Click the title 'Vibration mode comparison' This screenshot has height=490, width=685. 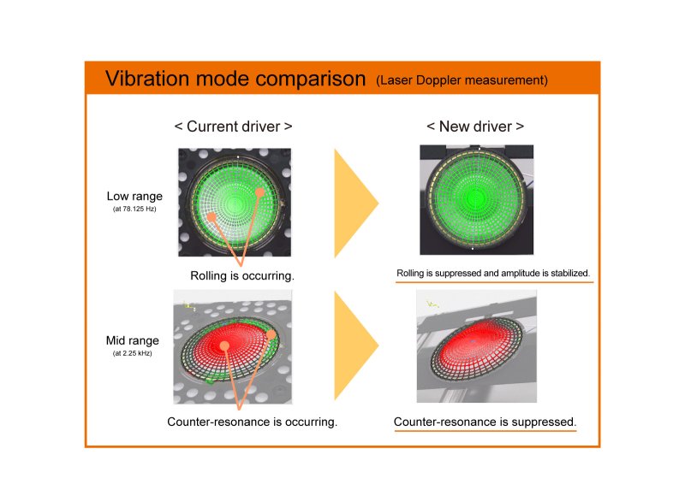coord(235,79)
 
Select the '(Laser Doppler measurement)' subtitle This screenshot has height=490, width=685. coord(462,81)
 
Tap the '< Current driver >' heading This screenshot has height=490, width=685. coord(233,127)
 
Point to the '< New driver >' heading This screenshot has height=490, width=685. coord(475,127)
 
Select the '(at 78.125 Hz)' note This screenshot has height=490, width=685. coord(130,210)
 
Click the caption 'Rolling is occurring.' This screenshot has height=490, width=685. coord(242,276)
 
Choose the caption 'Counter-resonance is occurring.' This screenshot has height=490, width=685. coord(253,422)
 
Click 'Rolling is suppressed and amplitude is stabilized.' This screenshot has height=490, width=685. coord(493,274)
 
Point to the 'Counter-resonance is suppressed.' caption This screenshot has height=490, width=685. coord(485,422)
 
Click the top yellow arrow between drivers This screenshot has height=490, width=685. coord(354,203)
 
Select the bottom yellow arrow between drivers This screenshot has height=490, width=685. coord(354,346)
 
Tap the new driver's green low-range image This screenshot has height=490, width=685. coord(476,199)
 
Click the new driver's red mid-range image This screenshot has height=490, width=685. coord(476,346)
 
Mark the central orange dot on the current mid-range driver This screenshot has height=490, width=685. coord(224,346)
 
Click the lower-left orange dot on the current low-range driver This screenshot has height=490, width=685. coord(211,217)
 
